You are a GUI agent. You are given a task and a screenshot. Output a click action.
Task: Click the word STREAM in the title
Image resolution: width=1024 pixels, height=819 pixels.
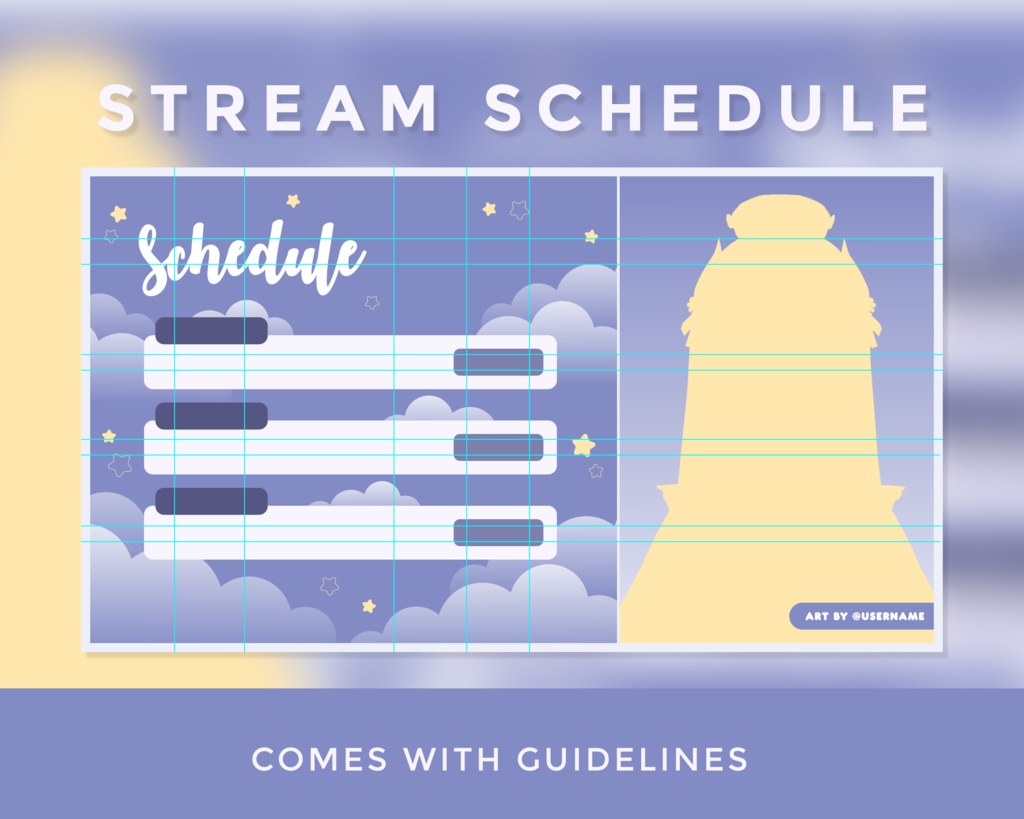(x=268, y=108)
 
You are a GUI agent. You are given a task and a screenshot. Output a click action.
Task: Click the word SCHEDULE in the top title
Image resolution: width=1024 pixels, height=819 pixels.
(x=708, y=108)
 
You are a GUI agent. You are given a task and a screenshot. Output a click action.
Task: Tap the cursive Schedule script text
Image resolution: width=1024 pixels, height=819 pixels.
(x=250, y=258)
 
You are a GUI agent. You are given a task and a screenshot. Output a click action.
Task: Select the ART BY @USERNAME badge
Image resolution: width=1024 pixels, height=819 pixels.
(x=863, y=616)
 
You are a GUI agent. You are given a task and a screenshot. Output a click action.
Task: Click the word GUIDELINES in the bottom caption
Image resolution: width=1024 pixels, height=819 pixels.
(x=632, y=759)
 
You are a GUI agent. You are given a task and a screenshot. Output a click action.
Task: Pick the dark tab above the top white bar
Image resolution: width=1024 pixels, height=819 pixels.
(x=211, y=331)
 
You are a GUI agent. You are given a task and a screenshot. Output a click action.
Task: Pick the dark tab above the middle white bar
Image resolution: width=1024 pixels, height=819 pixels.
(x=211, y=416)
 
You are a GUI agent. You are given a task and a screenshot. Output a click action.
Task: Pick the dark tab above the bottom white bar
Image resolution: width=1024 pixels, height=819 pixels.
(x=211, y=501)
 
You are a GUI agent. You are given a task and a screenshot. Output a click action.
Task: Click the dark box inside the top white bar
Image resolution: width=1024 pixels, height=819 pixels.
(x=498, y=362)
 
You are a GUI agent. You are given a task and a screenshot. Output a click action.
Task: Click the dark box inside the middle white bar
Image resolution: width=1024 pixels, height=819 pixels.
(x=498, y=447)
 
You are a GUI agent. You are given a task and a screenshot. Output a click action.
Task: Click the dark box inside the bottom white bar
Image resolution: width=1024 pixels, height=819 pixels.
(x=498, y=532)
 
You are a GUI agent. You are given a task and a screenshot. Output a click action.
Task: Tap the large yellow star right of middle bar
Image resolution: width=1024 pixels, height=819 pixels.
(x=584, y=445)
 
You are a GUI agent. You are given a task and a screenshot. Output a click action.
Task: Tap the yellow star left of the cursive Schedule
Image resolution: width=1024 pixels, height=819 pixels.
(x=119, y=213)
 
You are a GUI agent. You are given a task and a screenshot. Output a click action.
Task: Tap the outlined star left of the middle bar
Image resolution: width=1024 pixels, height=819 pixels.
(x=120, y=465)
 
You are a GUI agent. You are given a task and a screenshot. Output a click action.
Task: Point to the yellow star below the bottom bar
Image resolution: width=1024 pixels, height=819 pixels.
(x=369, y=606)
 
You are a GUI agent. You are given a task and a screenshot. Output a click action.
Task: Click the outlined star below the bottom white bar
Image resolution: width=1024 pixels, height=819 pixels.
(x=329, y=586)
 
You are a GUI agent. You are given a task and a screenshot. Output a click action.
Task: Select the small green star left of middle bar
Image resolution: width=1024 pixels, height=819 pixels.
(x=109, y=436)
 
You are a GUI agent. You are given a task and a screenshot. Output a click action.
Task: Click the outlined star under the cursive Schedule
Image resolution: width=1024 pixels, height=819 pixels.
(x=372, y=302)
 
